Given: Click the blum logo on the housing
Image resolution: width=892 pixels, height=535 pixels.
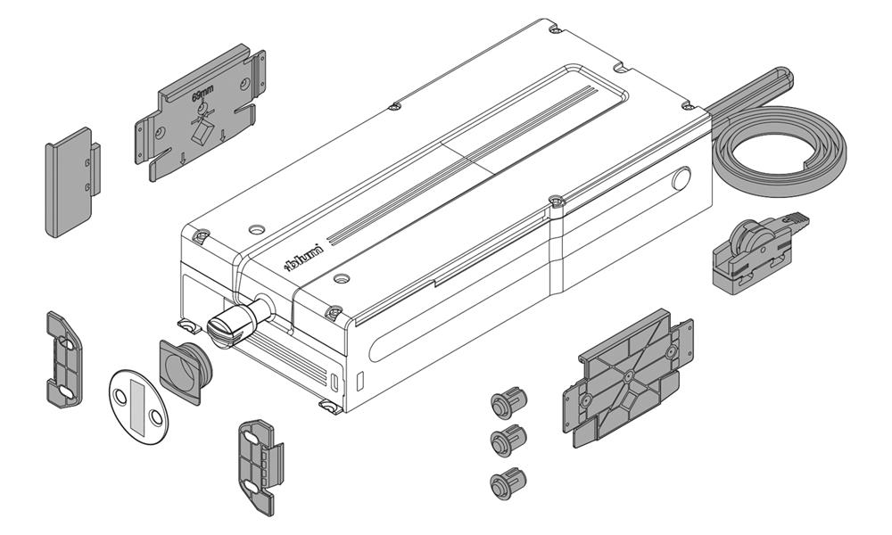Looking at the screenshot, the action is click(x=303, y=258).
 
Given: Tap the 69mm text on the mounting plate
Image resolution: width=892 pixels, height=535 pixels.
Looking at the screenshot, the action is click(x=203, y=95).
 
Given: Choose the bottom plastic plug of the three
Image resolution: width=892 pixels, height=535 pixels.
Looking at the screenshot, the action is click(x=508, y=482).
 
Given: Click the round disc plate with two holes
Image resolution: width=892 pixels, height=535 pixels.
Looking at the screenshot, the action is click(x=139, y=407).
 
